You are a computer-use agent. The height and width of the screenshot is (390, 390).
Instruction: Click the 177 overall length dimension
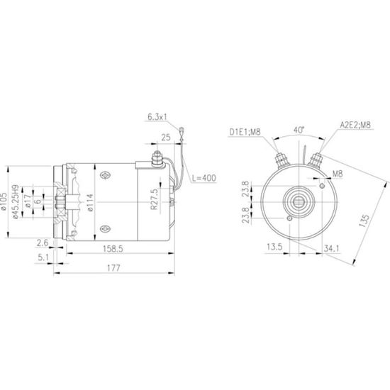(x=113, y=268)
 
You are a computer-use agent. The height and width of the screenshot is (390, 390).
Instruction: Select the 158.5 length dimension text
(x=113, y=249)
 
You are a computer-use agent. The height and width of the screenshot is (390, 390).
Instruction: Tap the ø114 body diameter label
(x=90, y=203)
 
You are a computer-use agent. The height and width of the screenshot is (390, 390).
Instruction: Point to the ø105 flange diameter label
(x=4, y=201)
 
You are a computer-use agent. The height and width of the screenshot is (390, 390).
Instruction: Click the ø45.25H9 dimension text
(x=16, y=201)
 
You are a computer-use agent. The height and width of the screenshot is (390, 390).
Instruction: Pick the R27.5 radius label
(x=154, y=199)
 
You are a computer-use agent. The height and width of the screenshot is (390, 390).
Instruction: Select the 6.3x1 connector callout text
(x=157, y=117)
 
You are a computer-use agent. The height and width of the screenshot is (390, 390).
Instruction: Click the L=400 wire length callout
(x=204, y=178)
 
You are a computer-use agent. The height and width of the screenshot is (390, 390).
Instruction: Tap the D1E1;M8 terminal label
(x=245, y=132)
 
